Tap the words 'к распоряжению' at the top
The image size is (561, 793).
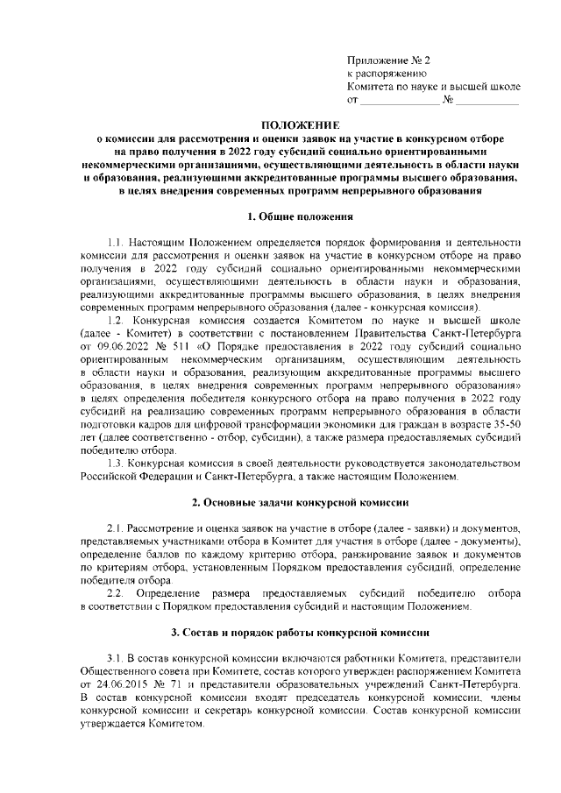coord(387,74)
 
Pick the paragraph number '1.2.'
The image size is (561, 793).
coord(117,322)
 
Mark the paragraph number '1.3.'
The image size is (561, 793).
coord(117,462)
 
